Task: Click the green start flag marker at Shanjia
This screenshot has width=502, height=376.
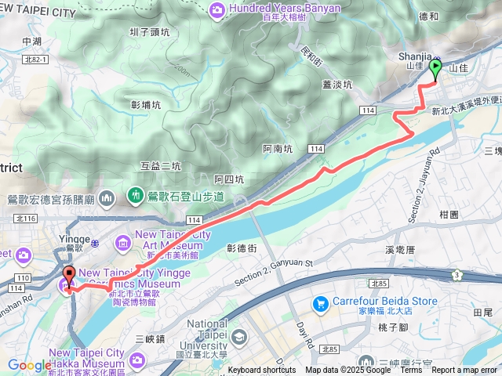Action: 435,70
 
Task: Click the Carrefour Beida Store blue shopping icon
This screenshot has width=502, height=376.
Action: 320,303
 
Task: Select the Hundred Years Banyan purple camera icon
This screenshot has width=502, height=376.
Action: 216,9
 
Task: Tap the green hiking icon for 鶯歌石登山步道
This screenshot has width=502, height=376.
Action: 135,194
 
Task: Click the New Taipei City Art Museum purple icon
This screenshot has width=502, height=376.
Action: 123,240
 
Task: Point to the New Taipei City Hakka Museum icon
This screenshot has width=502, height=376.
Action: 138,360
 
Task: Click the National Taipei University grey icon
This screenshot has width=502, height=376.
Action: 238,338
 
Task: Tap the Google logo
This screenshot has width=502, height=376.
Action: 29,365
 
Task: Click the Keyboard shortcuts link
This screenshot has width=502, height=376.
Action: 262,371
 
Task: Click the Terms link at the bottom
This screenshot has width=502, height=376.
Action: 411,371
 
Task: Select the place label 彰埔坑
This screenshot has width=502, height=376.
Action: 146,105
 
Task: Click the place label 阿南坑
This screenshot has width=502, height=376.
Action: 278,148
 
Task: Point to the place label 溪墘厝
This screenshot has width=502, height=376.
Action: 405,248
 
